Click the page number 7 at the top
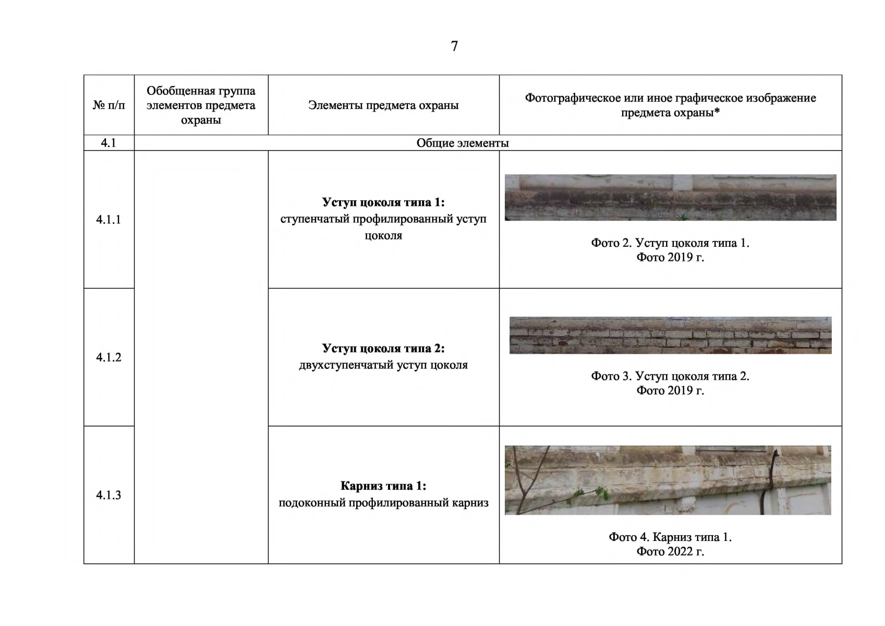(x=454, y=46)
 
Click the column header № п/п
(x=108, y=105)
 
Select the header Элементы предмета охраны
(x=383, y=105)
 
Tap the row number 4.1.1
(x=108, y=219)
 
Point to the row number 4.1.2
(x=108, y=357)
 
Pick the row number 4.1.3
(x=108, y=495)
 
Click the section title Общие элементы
(x=463, y=143)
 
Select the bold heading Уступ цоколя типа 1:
(x=383, y=202)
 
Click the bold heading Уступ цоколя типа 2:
(x=383, y=348)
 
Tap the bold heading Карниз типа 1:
(x=383, y=486)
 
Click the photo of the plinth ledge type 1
(x=671, y=197)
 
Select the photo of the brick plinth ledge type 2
(x=671, y=335)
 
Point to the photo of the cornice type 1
(x=668, y=480)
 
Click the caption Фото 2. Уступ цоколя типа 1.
(x=671, y=243)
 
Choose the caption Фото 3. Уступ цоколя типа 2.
(x=671, y=376)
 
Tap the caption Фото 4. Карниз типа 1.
(x=671, y=537)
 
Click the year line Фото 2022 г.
(x=671, y=552)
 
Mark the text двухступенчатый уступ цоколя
(x=383, y=365)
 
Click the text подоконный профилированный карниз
(x=383, y=503)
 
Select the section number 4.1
(x=108, y=143)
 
